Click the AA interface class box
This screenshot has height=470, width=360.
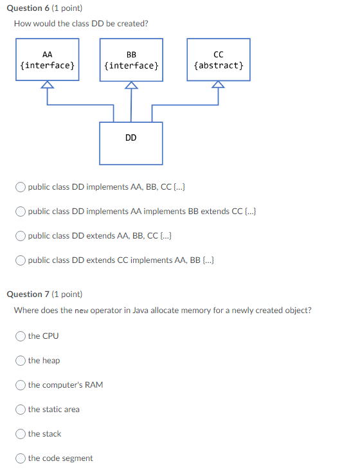tap(48, 60)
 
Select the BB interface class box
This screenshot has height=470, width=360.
tap(131, 60)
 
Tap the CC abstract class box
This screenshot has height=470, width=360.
tap(219, 60)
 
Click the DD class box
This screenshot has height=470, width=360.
tap(131, 143)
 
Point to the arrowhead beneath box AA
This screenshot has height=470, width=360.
tap(48, 85)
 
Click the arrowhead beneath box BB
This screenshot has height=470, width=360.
tap(131, 85)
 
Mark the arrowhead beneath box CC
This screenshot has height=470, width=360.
tap(219, 85)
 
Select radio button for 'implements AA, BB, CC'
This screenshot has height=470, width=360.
tap(21, 187)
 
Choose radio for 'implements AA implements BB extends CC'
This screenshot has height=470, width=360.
tap(21, 212)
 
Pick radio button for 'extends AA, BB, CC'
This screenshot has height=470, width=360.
tap(21, 236)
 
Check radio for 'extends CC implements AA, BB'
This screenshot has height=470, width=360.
tap(21, 260)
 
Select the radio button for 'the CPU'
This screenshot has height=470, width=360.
tap(21, 336)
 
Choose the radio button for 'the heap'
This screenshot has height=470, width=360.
tap(21, 361)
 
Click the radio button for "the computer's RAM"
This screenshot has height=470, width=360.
tap(21, 385)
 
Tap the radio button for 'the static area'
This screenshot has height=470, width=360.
tap(21, 410)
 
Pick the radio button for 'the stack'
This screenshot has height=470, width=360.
tap(21, 434)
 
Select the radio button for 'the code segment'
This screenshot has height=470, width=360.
tap(21, 458)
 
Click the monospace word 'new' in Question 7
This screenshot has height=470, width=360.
tap(81, 311)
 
